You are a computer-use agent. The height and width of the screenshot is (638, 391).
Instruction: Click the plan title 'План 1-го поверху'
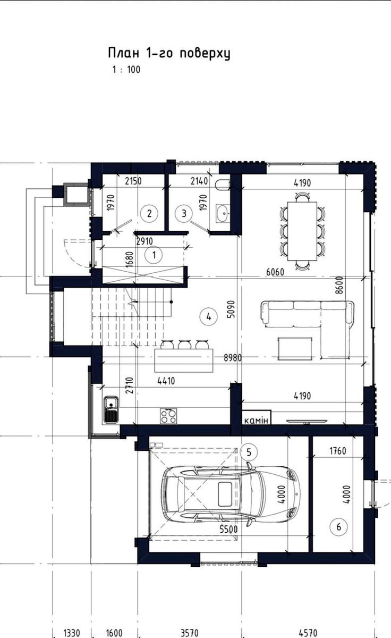(x=169, y=53)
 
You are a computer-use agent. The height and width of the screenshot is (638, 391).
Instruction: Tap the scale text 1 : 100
(x=126, y=70)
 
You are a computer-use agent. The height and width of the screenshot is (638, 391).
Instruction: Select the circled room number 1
(x=154, y=255)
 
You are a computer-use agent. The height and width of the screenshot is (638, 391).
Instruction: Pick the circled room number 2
(x=149, y=213)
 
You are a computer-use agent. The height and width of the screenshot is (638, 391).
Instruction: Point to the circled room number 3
(x=184, y=213)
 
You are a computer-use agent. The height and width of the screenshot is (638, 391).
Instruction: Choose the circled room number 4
(x=209, y=316)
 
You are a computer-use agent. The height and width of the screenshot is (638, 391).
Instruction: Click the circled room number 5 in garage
(x=249, y=452)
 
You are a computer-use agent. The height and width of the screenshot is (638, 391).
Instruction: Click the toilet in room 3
(x=223, y=185)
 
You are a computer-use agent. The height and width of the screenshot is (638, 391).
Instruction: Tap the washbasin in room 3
(x=223, y=213)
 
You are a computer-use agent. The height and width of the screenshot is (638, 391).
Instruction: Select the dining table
(x=302, y=231)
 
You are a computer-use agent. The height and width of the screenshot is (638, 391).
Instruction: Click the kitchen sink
(x=111, y=409)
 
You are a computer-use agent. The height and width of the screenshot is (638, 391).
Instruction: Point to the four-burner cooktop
(x=168, y=416)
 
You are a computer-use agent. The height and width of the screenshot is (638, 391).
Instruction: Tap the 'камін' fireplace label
(x=256, y=421)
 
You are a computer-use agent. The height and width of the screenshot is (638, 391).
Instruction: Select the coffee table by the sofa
(x=295, y=349)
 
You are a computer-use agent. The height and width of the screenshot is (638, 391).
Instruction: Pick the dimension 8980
(x=233, y=358)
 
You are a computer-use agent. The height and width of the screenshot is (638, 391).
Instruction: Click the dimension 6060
(x=275, y=272)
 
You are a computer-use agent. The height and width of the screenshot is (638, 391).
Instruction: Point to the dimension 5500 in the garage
(x=228, y=529)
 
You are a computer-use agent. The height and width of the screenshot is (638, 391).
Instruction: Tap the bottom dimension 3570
(x=190, y=633)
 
